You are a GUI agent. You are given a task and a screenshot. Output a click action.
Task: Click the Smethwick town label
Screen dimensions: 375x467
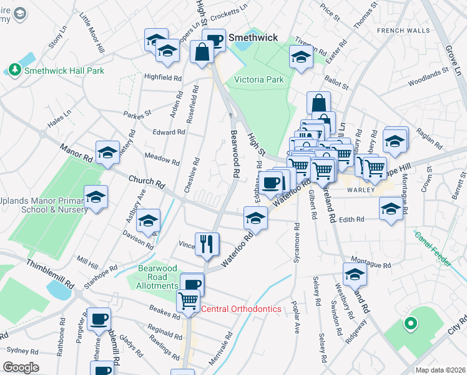click(x=253, y=37)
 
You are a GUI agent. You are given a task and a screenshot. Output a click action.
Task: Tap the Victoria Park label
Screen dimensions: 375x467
click(x=258, y=79)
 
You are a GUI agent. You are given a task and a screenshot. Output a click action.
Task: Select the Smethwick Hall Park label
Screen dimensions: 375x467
click(x=64, y=71)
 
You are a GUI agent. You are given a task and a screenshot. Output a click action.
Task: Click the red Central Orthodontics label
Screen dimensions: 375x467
click(x=241, y=309)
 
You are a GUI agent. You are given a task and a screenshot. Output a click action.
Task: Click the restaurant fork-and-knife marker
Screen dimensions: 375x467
click(x=207, y=243)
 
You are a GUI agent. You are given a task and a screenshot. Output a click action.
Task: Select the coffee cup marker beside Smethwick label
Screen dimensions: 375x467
click(x=215, y=40)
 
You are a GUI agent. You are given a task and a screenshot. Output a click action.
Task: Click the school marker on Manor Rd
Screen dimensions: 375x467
click(x=107, y=152)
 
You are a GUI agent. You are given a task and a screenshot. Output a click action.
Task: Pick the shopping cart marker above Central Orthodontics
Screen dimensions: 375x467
click(x=188, y=301)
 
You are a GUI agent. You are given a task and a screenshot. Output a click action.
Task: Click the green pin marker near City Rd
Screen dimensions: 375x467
click(x=410, y=323)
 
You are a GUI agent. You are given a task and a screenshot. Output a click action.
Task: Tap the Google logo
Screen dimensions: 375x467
click(x=21, y=367)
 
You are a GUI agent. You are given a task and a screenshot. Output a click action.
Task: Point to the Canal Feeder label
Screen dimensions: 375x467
click(x=433, y=247)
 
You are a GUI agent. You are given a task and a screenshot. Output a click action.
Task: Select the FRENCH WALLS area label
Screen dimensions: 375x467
click(x=404, y=30)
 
